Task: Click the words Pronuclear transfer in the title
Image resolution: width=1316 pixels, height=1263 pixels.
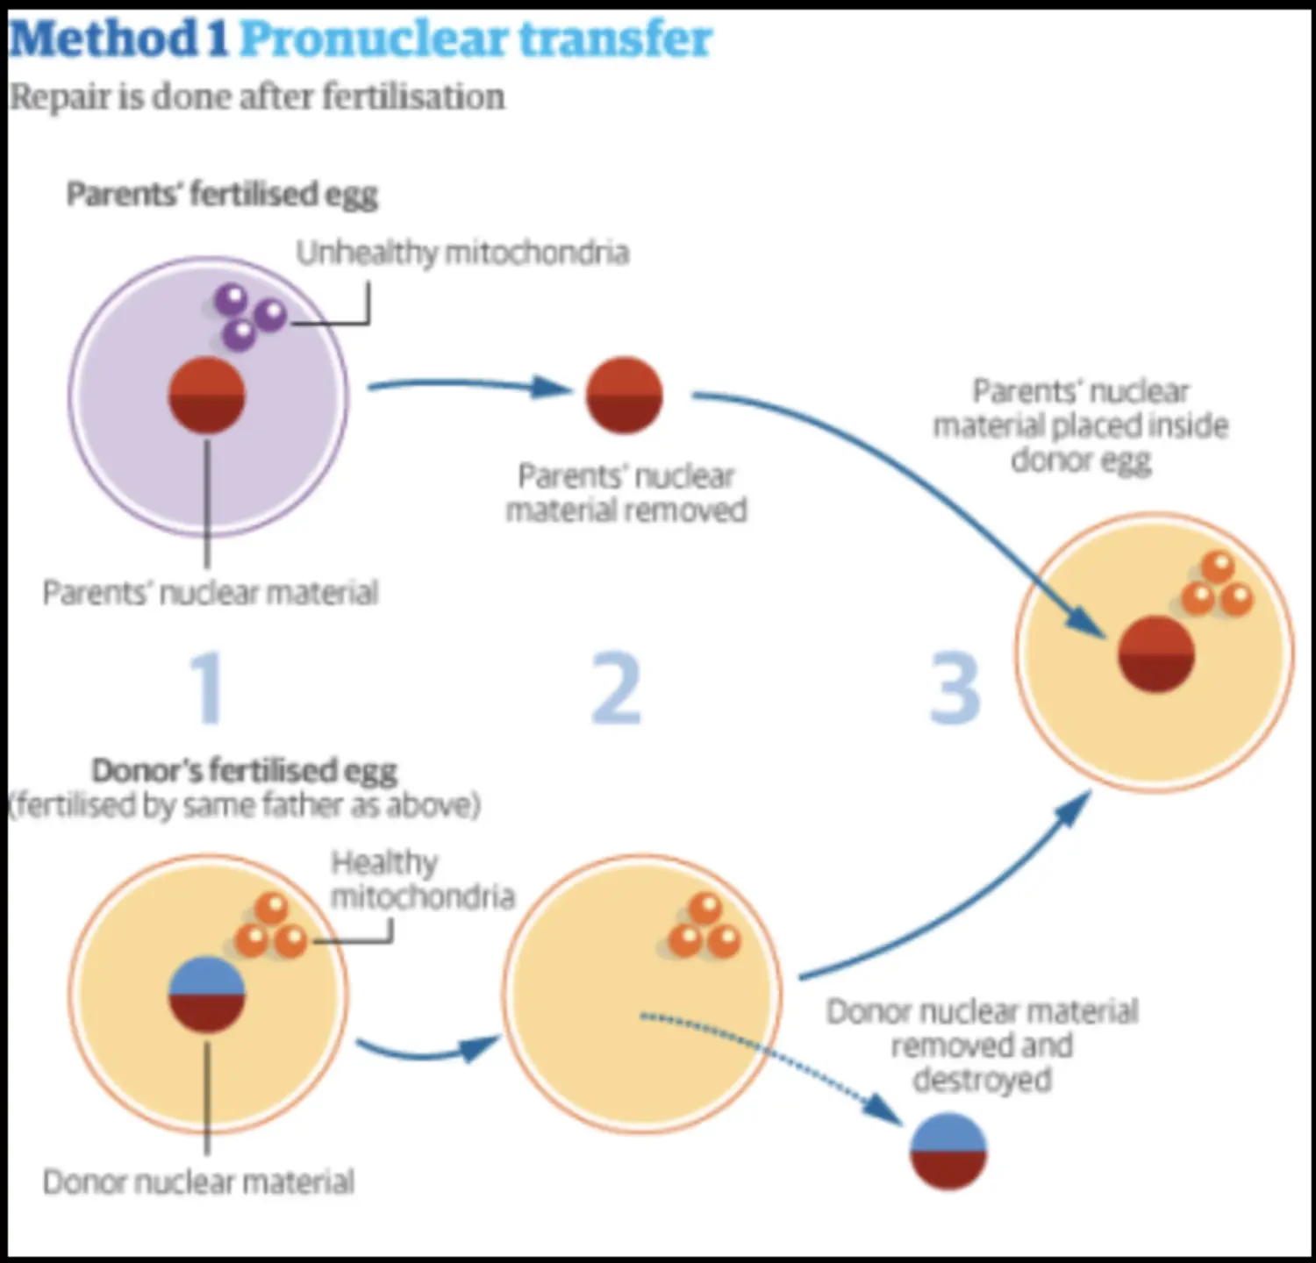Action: (x=476, y=39)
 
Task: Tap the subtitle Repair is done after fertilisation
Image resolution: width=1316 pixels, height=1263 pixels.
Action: (x=257, y=96)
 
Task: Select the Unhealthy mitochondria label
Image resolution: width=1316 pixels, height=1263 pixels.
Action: (x=462, y=253)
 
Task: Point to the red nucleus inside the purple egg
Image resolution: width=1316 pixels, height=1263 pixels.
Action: (x=206, y=395)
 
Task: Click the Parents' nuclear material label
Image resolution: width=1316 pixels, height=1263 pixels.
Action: (x=211, y=593)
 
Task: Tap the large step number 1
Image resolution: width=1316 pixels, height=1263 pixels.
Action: (x=208, y=689)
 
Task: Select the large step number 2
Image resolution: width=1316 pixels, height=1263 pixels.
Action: (x=617, y=689)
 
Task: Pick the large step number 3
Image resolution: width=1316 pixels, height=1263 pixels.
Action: (x=955, y=689)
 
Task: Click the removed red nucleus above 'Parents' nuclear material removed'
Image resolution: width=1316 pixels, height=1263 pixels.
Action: (x=624, y=395)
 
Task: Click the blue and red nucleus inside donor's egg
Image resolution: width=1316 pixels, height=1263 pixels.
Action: (x=206, y=995)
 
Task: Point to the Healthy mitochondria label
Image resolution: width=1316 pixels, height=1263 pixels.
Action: (x=422, y=880)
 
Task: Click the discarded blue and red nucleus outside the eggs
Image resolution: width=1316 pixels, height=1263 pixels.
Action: (x=948, y=1152)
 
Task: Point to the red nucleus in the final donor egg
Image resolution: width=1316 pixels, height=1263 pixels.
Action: (x=1156, y=654)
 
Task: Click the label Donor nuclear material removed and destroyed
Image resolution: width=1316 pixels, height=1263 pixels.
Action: (x=982, y=1045)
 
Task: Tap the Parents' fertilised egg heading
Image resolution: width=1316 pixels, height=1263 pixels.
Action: (x=222, y=194)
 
